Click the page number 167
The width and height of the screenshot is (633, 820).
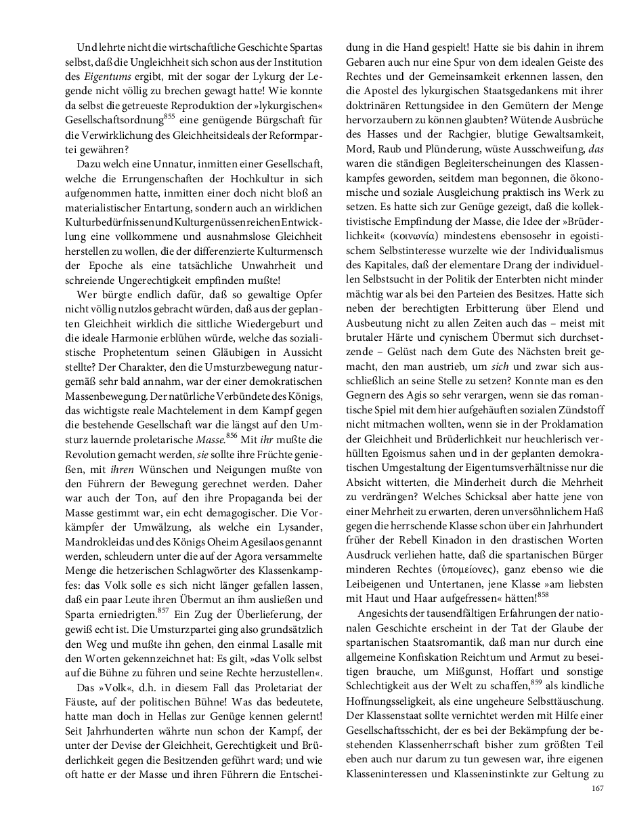597,787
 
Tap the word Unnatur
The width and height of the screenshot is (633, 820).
183,165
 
